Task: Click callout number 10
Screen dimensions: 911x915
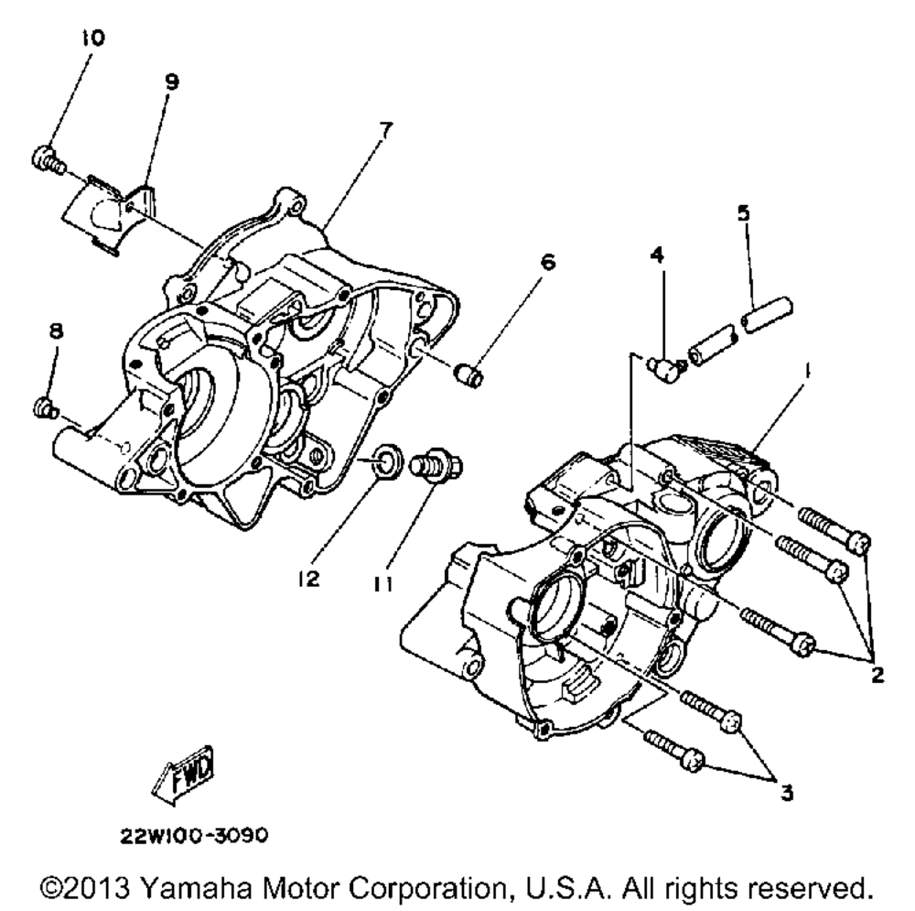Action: tap(93, 38)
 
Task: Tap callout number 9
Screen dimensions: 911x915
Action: tap(171, 81)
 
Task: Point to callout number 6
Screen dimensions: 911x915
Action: tap(547, 261)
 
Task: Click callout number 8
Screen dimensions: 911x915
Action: tap(56, 331)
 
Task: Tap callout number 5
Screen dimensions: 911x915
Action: tap(744, 212)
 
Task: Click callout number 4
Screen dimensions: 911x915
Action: tap(656, 254)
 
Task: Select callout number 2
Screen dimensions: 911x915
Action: tap(876, 676)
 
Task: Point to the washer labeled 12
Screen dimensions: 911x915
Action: tap(385, 458)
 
